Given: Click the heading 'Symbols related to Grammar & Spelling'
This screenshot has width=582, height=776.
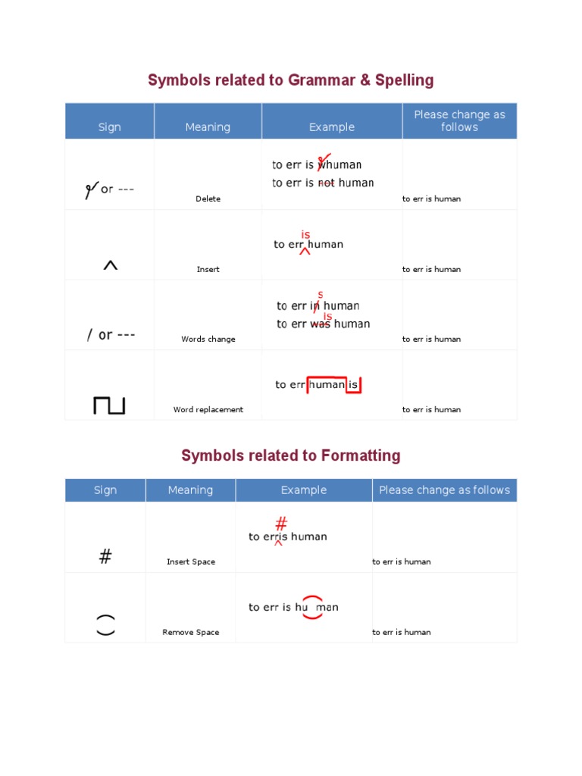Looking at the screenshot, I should coord(290,80).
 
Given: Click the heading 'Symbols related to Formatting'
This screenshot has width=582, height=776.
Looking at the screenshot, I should coord(290,455).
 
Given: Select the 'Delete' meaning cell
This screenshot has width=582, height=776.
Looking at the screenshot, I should coord(208,199).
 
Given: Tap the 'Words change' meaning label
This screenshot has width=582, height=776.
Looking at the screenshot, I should coord(208,339).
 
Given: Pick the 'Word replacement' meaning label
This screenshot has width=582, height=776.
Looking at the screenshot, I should coord(208,409).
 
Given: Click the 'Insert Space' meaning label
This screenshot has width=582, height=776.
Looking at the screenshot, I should coord(190,562).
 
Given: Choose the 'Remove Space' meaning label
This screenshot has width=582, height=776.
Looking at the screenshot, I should coord(190,632).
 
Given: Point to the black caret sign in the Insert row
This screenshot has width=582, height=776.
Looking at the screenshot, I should coord(110,265).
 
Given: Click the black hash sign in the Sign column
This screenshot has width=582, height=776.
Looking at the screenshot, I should coord(105,557).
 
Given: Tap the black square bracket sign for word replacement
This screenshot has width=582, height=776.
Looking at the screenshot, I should coord(109,405).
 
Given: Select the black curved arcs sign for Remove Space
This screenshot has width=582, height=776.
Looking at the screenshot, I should coord(105,624).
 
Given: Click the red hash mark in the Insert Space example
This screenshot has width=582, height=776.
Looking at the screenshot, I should coord(280,524).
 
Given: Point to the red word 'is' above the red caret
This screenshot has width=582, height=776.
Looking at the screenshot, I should coord(305,235).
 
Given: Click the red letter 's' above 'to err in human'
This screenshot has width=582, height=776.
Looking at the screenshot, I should coord(320,294).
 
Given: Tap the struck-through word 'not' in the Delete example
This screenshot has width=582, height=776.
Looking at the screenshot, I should coord(326,183).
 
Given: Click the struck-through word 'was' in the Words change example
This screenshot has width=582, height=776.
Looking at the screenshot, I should coord(321,324).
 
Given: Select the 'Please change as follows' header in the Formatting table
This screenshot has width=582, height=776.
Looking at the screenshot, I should coord(444,490).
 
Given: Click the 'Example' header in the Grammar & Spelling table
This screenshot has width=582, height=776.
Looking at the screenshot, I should coord(331,127).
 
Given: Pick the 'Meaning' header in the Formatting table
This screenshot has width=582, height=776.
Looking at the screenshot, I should coord(190,490).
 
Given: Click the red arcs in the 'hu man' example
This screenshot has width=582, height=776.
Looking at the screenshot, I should coord(312,607).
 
